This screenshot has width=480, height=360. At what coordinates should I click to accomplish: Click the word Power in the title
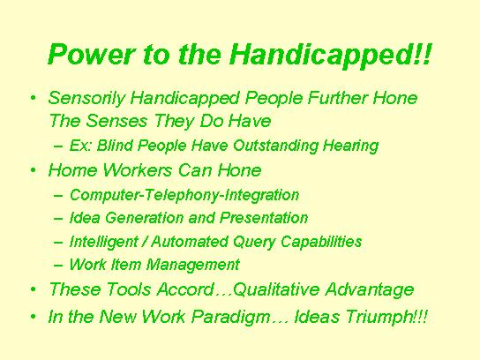91,54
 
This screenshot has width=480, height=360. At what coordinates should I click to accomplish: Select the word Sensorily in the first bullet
86,99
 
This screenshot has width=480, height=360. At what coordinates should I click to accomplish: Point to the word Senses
116,121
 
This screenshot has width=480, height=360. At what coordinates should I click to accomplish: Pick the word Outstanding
275,146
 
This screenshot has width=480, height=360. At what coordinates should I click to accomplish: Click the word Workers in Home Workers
138,170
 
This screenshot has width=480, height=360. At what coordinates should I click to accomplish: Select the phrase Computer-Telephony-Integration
184,195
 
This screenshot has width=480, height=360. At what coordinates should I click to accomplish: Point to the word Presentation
264,218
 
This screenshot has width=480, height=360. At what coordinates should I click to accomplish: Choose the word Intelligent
104,242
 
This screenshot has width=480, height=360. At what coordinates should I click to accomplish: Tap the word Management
193,265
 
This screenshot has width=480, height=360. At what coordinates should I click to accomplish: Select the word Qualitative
276,289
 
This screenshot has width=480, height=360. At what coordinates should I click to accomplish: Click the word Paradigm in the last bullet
231,317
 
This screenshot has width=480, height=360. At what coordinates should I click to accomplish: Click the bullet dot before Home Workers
33,170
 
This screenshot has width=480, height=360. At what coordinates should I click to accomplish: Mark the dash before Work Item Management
58,265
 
